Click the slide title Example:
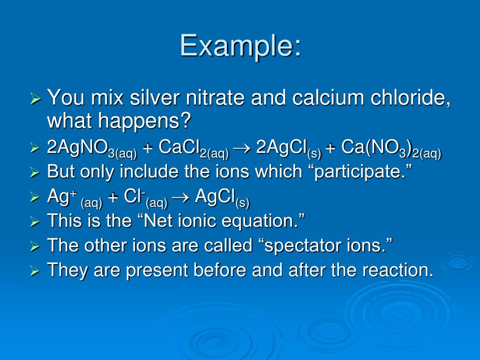(240, 46)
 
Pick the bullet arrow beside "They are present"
(36, 270)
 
